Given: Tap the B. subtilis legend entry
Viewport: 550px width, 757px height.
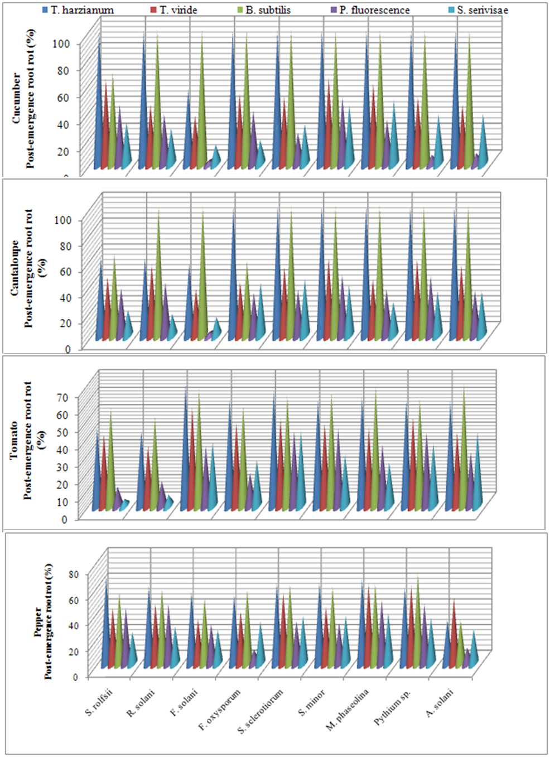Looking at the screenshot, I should click(268, 10).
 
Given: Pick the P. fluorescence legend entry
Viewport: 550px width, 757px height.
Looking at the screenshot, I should click(374, 10).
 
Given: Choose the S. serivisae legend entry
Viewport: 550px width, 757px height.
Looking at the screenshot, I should click(483, 10).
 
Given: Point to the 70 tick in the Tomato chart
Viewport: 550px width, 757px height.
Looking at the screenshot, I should click(61, 397).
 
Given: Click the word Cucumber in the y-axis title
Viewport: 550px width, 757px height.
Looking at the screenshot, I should click(17, 98).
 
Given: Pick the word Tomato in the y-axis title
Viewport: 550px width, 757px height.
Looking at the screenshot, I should click(15, 440).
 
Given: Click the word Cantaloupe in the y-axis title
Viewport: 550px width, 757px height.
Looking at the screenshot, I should click(16, 268).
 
